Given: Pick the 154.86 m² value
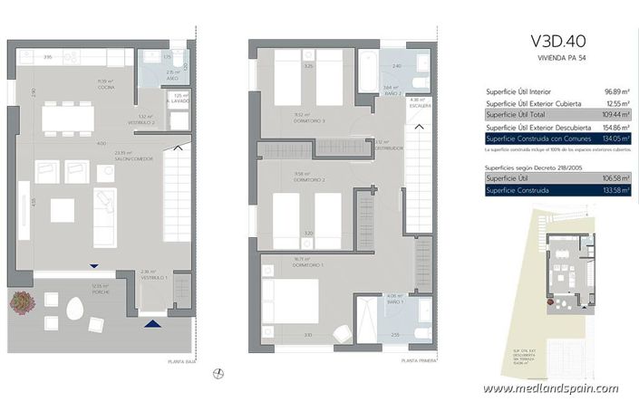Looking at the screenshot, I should click(x=592, y=128).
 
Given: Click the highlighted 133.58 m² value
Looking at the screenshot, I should click(x=594, y=191).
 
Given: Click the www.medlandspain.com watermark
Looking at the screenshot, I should click(x=550, y=388).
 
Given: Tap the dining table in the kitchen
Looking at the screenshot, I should click(x=67, y=118).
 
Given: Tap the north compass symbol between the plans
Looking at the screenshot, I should click(x=218, y=372).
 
